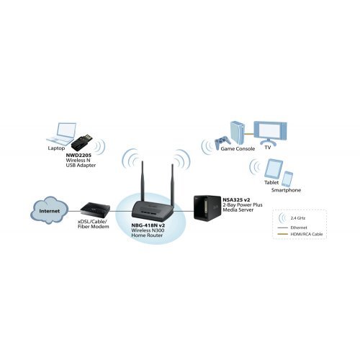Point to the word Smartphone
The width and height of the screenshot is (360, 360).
[x=286, y=191]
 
